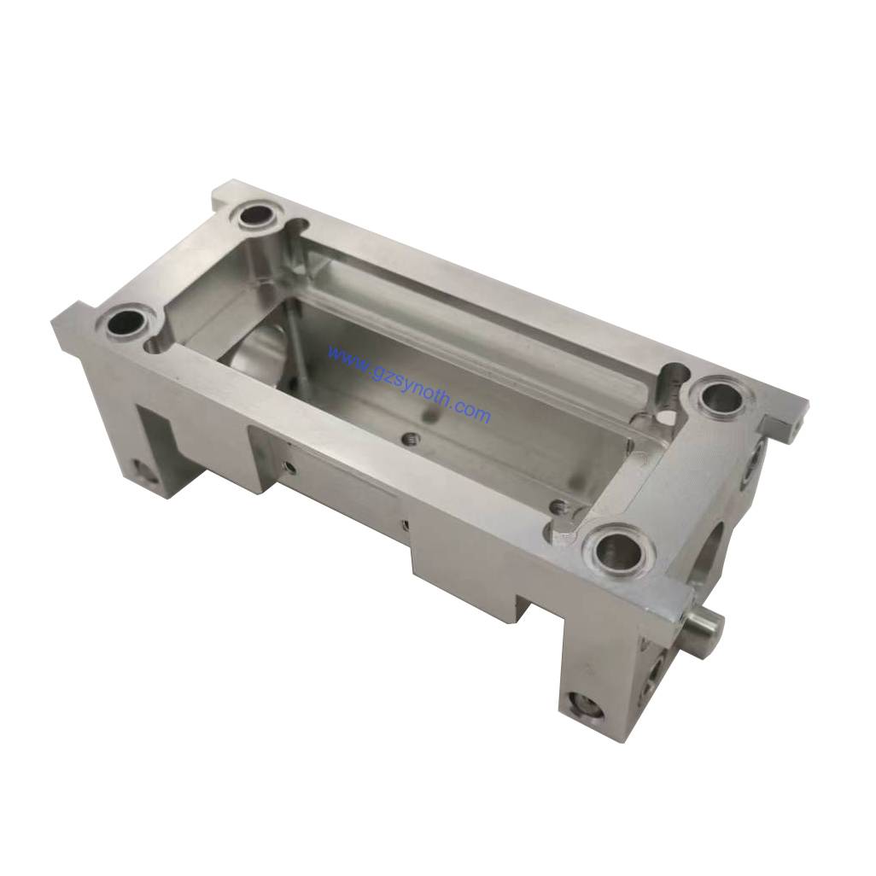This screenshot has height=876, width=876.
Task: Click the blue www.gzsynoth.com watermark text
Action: click(x=410, y=385)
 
